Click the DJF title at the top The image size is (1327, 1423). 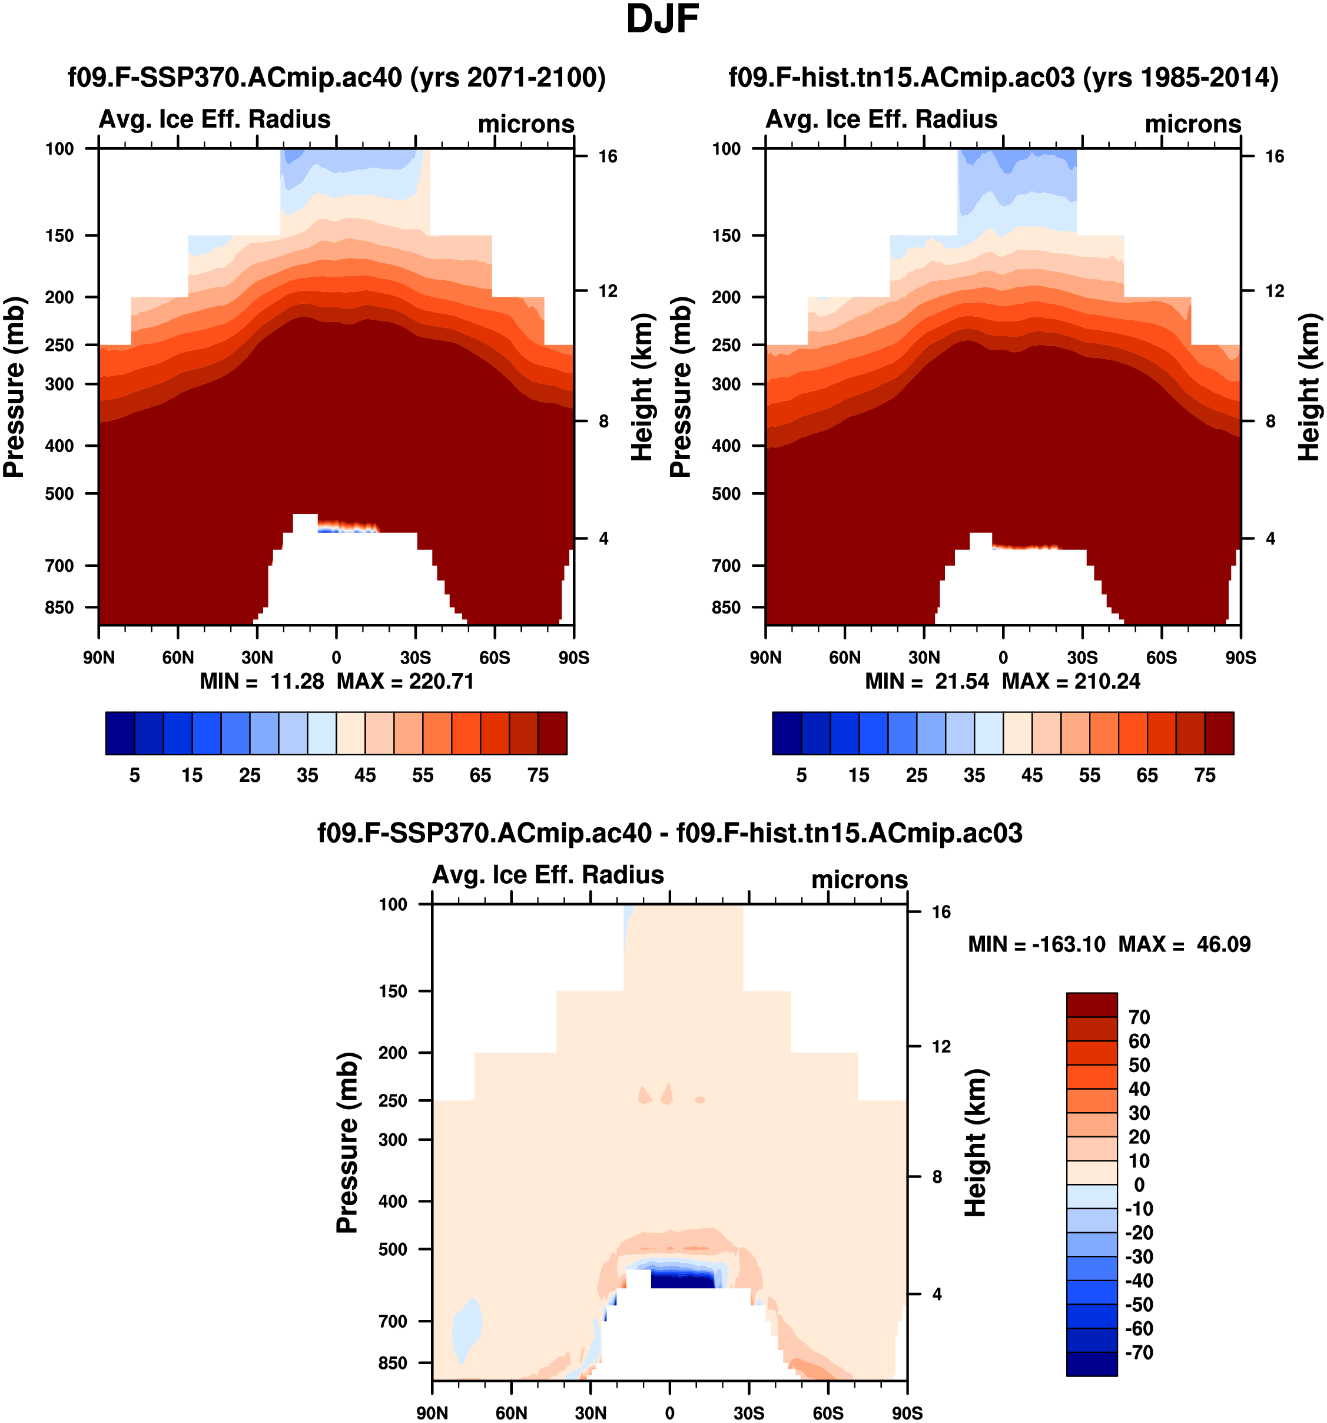662,19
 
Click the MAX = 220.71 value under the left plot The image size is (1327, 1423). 405,681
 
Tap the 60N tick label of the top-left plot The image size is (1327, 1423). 178,657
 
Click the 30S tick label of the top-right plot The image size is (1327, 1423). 1081,657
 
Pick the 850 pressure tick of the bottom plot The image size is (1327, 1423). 393,1363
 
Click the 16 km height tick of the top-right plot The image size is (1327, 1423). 1274,156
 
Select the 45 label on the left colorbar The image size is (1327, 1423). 365,775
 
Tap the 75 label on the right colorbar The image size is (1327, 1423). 1205,775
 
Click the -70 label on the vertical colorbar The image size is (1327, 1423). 1139,1352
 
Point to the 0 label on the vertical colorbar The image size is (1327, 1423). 1139,1185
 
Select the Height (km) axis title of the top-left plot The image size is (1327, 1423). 642,387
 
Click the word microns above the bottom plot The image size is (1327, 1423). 859,879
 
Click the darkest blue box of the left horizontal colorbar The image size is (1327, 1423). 120,733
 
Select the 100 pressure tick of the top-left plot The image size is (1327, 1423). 59,149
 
